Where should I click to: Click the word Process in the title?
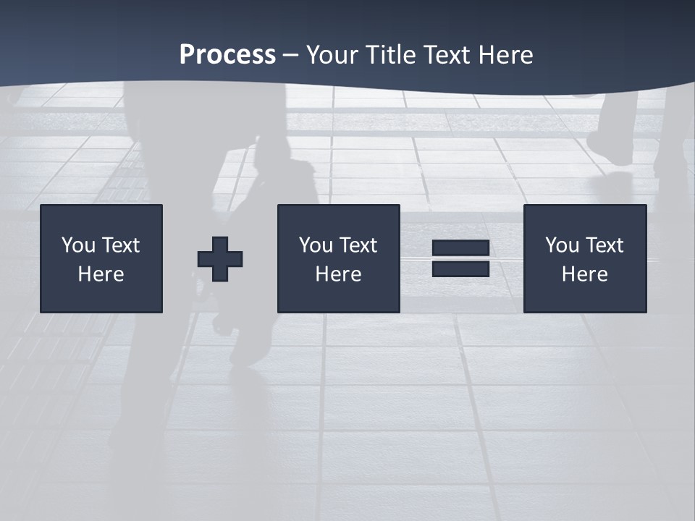click(x=227, y=55)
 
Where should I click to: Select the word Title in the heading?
click(x=389, y=55)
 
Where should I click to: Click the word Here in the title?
click(x=507, y=55)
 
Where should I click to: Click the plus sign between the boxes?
click(x=220, y=259)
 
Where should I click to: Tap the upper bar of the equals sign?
click(x=461, y=248)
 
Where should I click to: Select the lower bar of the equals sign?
click(x=461, y=269)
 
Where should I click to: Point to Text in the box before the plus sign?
click(x=119, y=245)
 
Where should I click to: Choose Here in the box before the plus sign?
click(x=101, y=274)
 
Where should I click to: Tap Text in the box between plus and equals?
click(x=357, y=245)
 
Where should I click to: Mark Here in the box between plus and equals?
click(x=338, y=274)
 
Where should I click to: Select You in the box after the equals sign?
click(x=562, y=245)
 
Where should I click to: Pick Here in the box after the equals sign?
click(x=584, y=274)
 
